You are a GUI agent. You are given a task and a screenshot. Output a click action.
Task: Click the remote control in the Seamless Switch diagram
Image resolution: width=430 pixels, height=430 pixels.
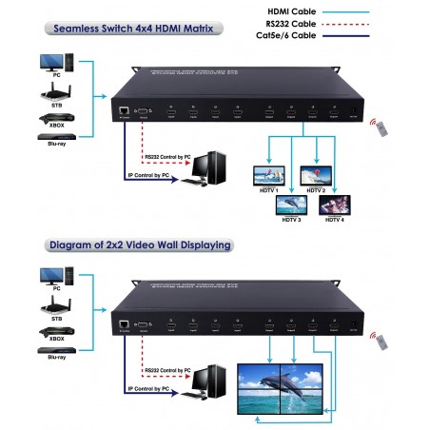click(x=382, y=127)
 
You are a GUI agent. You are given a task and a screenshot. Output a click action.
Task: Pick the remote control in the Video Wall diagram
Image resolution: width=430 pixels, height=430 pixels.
click(x=382, y=340)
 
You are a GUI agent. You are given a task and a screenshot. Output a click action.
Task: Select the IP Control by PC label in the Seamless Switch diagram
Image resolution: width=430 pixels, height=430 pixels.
click(x=154, y=174)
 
